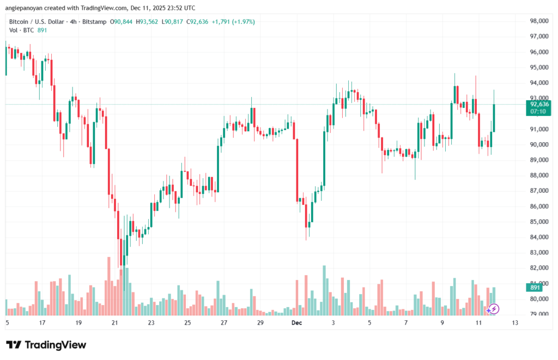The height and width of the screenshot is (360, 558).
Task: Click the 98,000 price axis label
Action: point(538,21)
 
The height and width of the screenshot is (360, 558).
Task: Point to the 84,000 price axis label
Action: point(538,237)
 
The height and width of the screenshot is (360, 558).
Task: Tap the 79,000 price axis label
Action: point(538,314)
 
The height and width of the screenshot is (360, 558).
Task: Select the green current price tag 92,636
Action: point(538,103)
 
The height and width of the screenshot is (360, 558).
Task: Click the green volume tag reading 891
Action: point(535,288)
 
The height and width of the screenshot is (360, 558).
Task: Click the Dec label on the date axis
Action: point(296,323)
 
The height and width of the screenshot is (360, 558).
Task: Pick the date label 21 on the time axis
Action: point(115,323)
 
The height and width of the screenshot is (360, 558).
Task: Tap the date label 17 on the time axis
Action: point(42,323)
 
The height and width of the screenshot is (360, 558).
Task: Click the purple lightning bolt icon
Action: point(493,309)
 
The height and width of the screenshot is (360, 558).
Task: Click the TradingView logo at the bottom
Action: point(46,345)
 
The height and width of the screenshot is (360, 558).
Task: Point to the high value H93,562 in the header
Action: point(146,22)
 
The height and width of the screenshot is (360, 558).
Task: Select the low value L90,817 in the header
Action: point(173,22)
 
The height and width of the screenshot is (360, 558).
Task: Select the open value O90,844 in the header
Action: point(122,22)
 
